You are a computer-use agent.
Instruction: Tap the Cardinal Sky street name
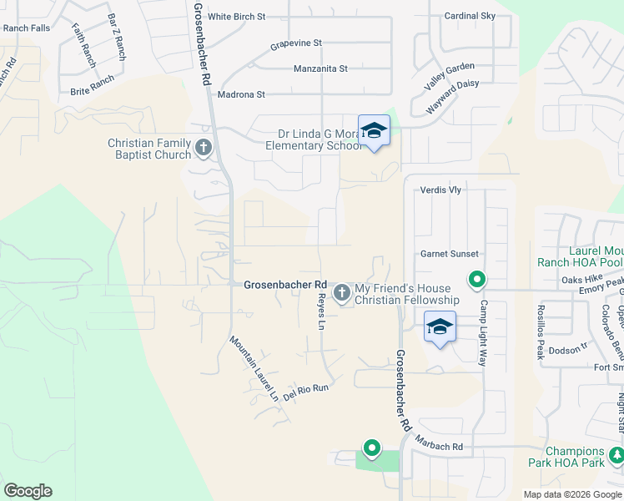(x=470, y=16)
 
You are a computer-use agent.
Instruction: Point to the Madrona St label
(x=240, y=95)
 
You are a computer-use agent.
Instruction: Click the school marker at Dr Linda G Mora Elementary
(x=375, y=130)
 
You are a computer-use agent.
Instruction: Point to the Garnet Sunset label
(x=449, y=254)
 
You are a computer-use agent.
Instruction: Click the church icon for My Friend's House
(x=341, y=293)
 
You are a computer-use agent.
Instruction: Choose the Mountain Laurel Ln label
(x=254, y=368)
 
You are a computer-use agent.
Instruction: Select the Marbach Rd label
(x=440, y=447)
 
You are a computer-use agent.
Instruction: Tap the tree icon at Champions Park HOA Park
(x=616, y=455)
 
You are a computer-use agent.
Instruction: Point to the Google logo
(x=28, y=491)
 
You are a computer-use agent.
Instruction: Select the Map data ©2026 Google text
(x=571, y=494)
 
